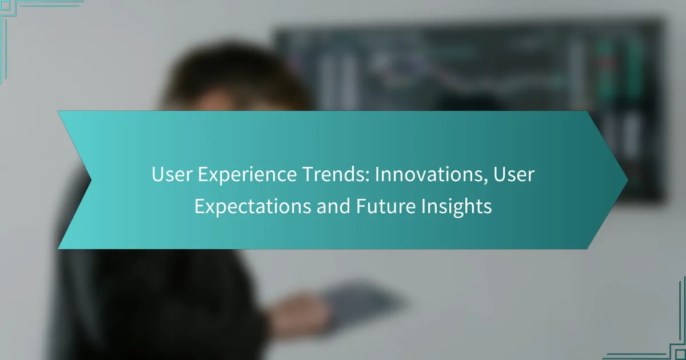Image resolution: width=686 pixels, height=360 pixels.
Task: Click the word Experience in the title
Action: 247,175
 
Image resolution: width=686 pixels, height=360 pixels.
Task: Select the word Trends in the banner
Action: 336,174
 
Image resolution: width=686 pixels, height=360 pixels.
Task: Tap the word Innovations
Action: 431,174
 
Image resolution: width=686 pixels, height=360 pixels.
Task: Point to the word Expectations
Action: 253,206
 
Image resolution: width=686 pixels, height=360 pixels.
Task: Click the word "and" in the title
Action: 333,206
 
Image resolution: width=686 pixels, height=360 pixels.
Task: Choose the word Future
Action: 385,206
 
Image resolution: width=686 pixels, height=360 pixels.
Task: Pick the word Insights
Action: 456,207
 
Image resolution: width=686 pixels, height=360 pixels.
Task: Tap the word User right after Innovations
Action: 514,174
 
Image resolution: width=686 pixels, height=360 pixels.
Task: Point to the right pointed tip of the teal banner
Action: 628,181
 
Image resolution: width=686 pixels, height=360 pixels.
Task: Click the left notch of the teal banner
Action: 91,181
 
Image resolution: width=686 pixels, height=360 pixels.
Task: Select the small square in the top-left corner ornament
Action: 6,5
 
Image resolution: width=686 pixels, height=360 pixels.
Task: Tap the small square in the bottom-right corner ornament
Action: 680,354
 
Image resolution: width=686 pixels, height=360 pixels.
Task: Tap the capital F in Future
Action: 362,206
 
